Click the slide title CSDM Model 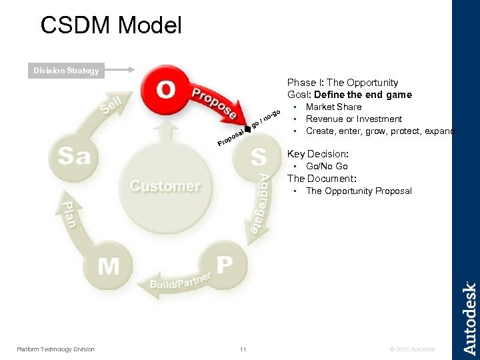[111, 25]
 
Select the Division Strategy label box [67, 71]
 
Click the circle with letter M [109, 265]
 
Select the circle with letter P [225, 264]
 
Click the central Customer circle [165, 185]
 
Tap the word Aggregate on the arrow [258, 202]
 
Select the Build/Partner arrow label [181, 281]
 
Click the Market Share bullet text [333, 107]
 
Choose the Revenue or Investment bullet [353, 119]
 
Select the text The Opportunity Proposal [359, 191]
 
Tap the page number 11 [243, 349]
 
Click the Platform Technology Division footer [55, 349]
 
